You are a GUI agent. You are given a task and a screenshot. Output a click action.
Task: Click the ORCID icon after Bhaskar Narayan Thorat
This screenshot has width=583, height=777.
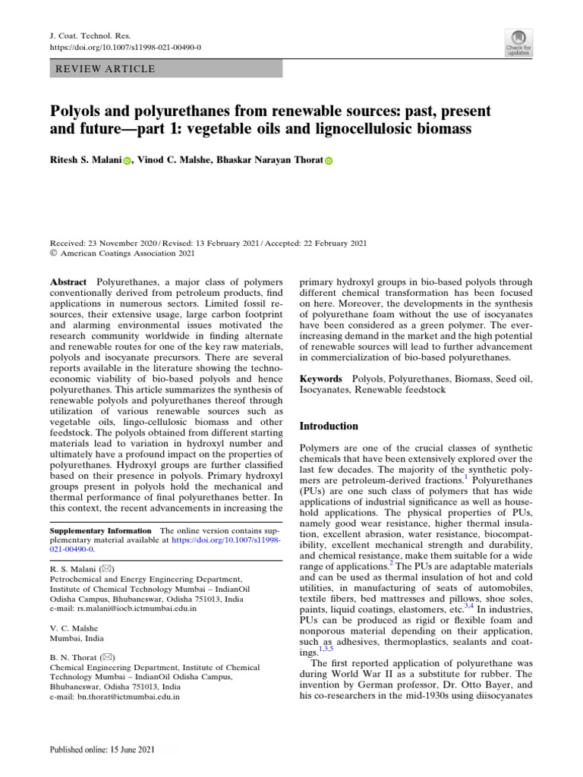329,162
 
